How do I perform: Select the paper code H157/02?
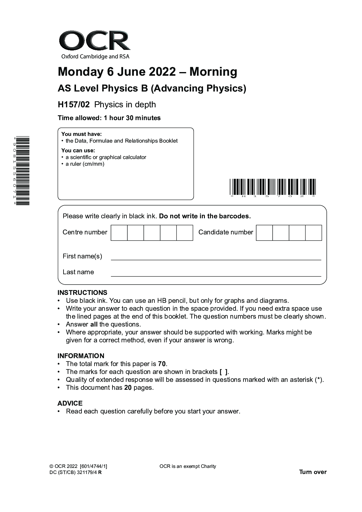[x=74, y=105]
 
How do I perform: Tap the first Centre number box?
[x=119, y=233]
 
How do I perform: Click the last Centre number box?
[x=185, y=233]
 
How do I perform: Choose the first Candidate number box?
[x=264, y=233]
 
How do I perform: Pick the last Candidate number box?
[x=313, y=233]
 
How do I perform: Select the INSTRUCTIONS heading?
[x=82, y=293]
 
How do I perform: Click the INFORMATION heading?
[x=81, y=356]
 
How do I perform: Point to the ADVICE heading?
[x=70, y=403]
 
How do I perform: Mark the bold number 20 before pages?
[x=128, y=388]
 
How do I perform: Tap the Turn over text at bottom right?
[x=313, y=472]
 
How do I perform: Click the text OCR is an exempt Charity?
[x=188, y=466]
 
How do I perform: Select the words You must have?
[x=81, y=134]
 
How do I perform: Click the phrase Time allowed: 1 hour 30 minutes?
[x=109, y=118]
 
